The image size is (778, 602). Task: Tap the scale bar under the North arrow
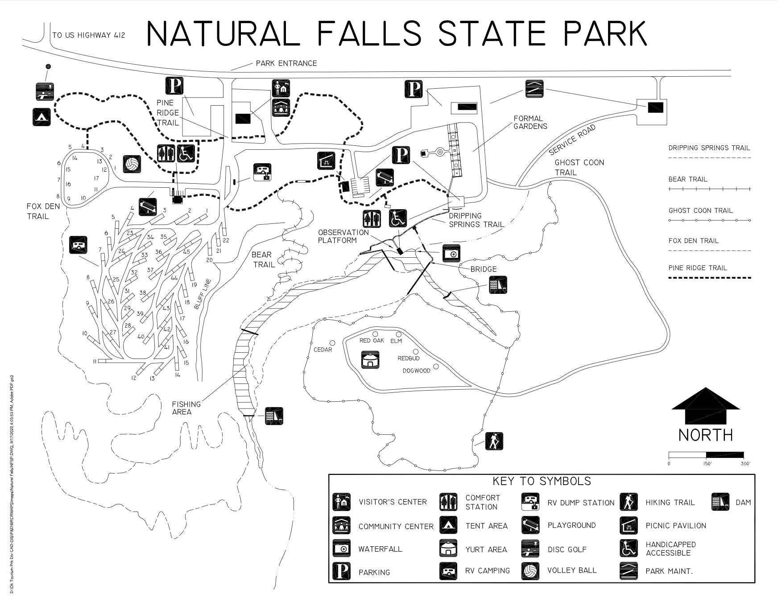706,455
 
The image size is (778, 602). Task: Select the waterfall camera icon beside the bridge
451,253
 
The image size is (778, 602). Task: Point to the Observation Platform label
343,236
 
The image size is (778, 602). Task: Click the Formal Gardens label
530,122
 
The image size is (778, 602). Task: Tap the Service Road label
572,140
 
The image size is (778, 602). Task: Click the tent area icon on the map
41,117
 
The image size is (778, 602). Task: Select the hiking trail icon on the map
494,441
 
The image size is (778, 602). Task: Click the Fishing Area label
186,408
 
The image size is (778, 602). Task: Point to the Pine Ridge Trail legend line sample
709,278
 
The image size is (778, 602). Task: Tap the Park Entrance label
286,63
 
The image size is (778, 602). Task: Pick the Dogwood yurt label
416,371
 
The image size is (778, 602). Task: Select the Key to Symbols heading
541,481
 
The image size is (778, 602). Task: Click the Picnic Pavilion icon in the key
628,525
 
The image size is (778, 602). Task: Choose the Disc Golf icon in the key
530,549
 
